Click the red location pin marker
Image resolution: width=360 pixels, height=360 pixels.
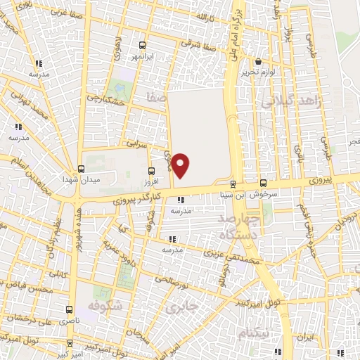181,165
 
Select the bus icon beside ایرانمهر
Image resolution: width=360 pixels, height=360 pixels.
144,43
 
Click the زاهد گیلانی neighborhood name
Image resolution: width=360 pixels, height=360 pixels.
290,102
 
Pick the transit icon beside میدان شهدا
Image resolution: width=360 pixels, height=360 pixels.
82,169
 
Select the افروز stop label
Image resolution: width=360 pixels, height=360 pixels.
153,181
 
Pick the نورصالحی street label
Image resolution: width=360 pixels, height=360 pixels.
174,283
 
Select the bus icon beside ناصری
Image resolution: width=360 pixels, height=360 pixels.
69,309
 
